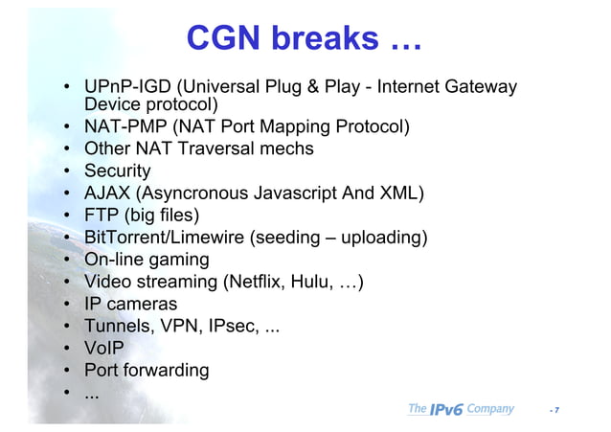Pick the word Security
(118, 171)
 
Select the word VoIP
(103, 348)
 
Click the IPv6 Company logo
(461, 409)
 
